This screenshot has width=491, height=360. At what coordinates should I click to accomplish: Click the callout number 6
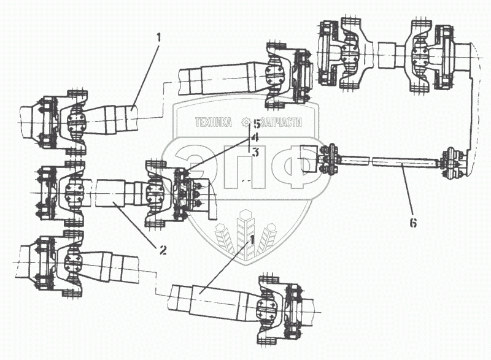pos(413,223)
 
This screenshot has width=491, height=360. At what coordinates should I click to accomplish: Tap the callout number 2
pos(163,250)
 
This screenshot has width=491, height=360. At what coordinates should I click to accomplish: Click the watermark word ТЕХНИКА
pos(213,123)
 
